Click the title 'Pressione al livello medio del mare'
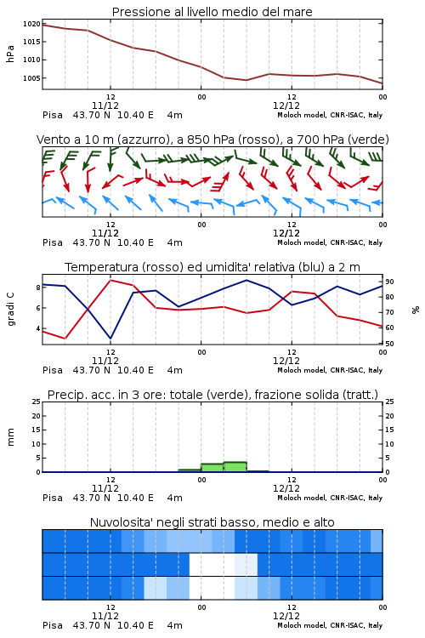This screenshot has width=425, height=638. [212, 12]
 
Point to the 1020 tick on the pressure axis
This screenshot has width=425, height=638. [31, 24]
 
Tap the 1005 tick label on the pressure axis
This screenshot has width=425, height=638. [31, 78]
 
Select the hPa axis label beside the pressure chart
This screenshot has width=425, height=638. [10, 54]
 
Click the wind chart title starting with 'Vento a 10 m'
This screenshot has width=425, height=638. [212, 140]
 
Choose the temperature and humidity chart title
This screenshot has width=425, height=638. [212, 267]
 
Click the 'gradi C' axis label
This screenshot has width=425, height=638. [11, 310]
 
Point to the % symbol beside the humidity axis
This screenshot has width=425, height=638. [416, 310]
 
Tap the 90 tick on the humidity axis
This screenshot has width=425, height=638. [389, 282]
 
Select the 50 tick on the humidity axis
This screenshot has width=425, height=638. [389, 344]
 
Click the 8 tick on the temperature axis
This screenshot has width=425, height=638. [38, 288]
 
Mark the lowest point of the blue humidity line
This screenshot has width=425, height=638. [110, 339]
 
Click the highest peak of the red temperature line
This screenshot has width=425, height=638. [110, 281]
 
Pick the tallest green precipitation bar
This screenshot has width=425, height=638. [235, 467]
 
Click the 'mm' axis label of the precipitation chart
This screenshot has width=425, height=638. [11, 437]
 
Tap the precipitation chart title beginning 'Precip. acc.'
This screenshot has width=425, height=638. [212, 395]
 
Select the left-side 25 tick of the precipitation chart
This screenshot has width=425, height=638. [37, 402]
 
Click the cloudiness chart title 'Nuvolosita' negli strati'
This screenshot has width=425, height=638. [212, 522]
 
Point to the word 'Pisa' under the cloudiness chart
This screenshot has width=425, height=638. [53, 625]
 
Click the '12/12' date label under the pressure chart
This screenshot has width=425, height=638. [286, 105]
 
